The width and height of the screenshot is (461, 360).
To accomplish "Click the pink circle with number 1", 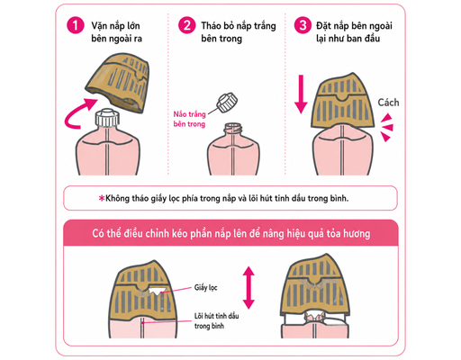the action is pyautogui.click(x=76, y=25).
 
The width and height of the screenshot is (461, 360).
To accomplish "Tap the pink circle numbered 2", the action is pyautogui.click(x=187, y=25).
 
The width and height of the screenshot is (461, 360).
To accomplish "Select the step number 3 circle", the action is pyautogui.click(x=303, y=25).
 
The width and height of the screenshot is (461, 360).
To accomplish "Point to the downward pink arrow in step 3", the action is pyautogui.click(x=301, y=94).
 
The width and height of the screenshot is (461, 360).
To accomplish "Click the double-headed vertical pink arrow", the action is pyautogui.click(x=249, y=287).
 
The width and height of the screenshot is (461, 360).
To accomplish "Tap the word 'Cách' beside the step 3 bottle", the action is pyautogui.click(x=388, y=103).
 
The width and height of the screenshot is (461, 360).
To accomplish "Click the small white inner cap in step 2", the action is pyautogui.click(x=227, y=103).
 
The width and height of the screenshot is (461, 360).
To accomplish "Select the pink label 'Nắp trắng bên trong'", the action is pyautogui.click(x=189, y=119).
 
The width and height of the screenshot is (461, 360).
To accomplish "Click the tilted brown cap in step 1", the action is pyautogui.click(x=119, y=83).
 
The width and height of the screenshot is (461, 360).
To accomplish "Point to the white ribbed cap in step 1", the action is pyautogui.click(x=107, y=118).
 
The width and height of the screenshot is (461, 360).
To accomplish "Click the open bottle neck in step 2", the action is pyautogui.click(x=232, y=130).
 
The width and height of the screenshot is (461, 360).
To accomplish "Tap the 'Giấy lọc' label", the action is pyautogui.click(x=205, y=287).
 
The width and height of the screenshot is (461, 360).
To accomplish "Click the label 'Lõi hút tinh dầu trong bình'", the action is pyautogui.click(x=216, y=320).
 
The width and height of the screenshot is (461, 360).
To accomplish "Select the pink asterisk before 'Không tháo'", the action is pyautogui.click(x=102, y=198).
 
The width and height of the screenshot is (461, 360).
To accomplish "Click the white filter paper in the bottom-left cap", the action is pyautogui.click(x=157, y=291).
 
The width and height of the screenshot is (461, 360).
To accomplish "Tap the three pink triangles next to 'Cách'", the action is pyautogui.click(x=387, y=128).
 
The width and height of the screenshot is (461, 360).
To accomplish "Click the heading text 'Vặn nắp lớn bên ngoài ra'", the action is pyautogui.click(x=117, y=32).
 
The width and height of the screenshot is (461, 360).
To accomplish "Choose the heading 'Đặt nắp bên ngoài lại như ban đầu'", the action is pyautogui.click(x=354, y=32).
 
